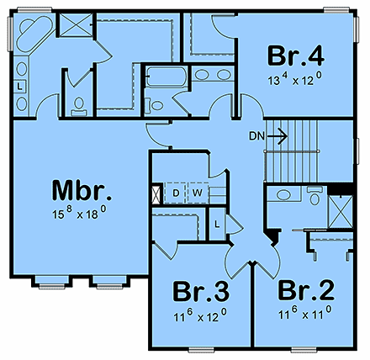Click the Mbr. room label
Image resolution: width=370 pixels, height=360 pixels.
(82, 188)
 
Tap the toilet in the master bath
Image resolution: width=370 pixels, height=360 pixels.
(78, 105)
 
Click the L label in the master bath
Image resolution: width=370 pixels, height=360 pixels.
(19, 85)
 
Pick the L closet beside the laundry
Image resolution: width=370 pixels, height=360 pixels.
(216, 225)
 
